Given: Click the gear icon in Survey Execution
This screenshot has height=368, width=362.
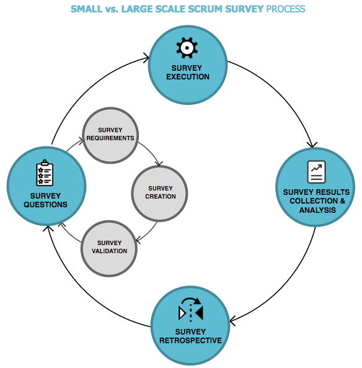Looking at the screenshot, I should point(187,47).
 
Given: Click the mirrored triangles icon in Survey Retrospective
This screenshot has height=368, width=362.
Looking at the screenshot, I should point(190,309).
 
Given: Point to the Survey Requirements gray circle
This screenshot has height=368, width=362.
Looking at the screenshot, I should point(110,136).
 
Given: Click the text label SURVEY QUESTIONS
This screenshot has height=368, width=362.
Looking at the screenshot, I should point(46,200).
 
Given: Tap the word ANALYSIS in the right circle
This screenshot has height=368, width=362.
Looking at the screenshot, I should point(316,210).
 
